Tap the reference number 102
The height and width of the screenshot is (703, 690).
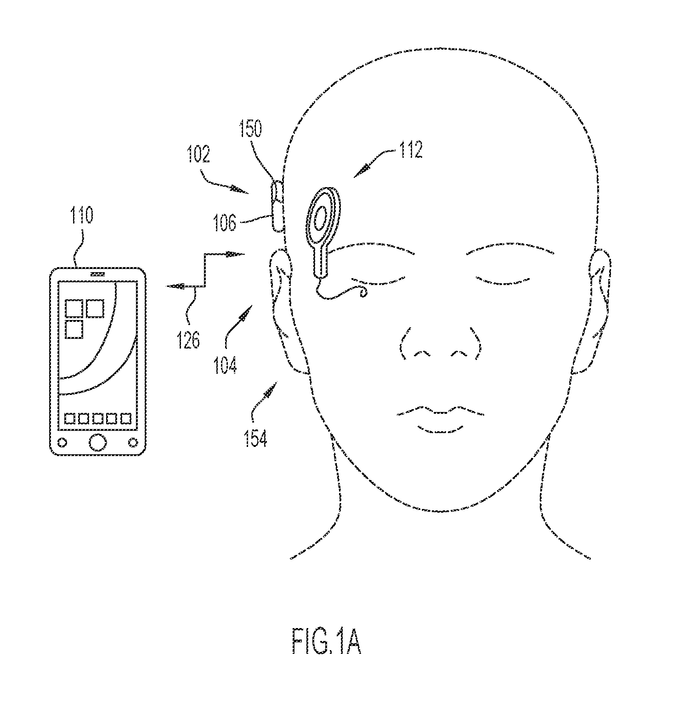[198, 155]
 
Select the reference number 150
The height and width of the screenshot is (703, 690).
[251, 128]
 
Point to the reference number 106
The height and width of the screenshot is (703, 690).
[225, 223]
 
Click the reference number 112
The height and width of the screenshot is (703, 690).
[410, 150]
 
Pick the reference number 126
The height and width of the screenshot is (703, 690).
[189, 340]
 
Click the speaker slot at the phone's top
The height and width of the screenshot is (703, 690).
[97, 274]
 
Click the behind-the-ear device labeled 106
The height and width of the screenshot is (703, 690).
[277, 206]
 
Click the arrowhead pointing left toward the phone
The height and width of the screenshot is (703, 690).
[175, 286]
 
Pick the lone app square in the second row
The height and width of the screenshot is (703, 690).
[74, 330]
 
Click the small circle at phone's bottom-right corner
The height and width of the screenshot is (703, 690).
[133, 442]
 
